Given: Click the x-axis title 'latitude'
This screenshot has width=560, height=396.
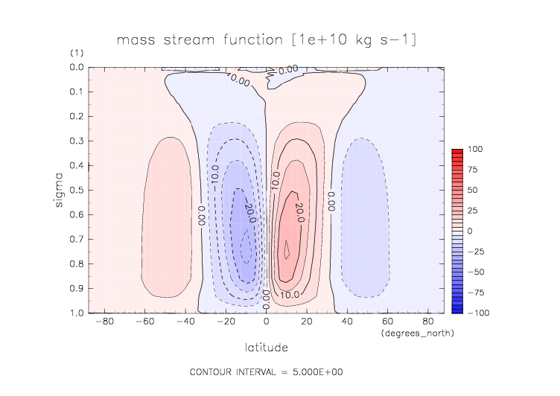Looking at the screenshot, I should point(267,347).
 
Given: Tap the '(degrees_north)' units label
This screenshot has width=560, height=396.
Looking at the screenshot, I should point(416,333).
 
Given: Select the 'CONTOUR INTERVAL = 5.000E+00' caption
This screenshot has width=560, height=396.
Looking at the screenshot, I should point(267,371).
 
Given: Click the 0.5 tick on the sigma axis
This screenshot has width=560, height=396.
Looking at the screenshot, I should point(77,191).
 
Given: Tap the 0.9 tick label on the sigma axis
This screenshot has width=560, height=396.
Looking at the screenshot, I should point(77,289).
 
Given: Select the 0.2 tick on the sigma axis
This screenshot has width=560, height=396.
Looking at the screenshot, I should point(77,117).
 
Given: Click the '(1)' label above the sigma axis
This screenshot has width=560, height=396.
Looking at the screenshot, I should point(77,54).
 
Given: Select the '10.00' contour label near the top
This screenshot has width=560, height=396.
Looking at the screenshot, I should point(238,80).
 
